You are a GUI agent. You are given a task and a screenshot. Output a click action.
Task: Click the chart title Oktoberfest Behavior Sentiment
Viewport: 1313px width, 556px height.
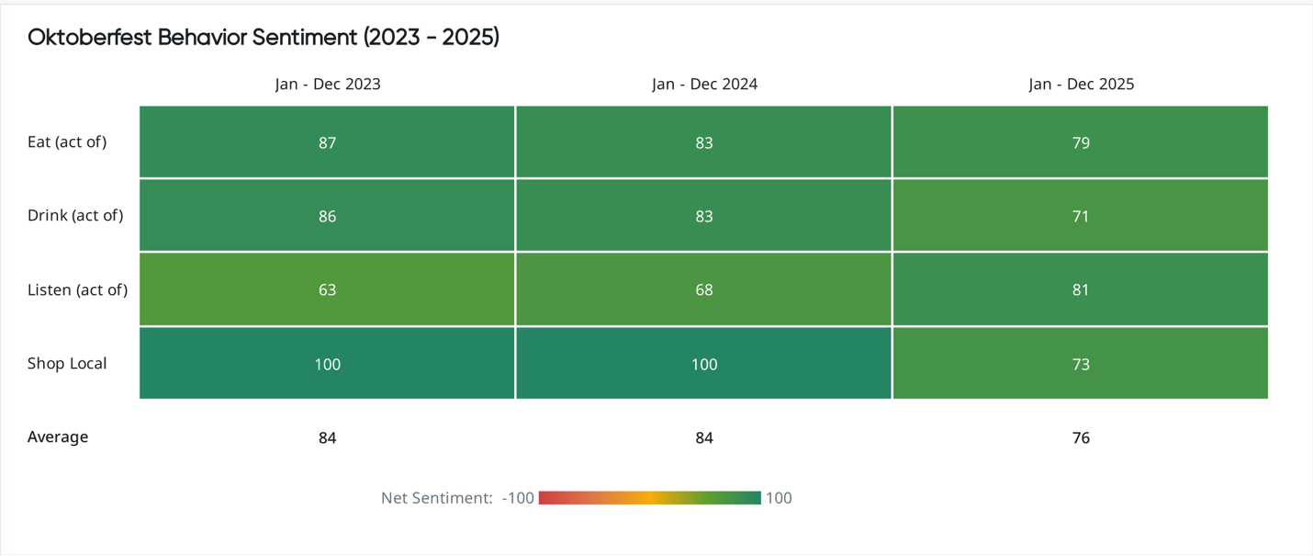[x=264, y=38]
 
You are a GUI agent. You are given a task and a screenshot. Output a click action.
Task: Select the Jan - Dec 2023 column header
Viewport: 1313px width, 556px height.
[x=328, y=85]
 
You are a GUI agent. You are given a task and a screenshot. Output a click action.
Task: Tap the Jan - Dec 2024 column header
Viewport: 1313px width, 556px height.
[x=704, y=85]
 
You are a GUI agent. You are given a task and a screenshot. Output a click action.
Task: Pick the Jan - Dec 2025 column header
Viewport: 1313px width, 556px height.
[x=1081, y=85]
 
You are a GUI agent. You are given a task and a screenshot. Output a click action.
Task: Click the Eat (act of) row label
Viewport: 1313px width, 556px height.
[x=67, y=142]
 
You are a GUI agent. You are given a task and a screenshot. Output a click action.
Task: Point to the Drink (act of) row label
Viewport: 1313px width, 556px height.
[x=75, y=216]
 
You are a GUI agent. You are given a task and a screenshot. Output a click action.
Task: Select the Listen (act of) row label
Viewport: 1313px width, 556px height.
[x=77, y=290]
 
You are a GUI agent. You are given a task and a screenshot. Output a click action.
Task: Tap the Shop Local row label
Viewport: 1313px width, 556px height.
[x=67, y=364]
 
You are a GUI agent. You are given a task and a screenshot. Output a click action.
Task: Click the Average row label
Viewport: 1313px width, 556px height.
[x=58, y=437]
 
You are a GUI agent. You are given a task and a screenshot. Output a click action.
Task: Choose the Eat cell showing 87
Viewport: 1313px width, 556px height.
[x=328, y=142]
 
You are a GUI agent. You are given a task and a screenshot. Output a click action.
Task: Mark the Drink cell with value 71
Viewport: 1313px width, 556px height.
[x=1081, y=216]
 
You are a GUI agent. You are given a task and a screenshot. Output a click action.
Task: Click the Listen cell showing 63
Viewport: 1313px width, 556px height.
[x=328, y=290]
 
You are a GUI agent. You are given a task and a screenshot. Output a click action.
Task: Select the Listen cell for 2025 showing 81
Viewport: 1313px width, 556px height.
[x=1081, y=290]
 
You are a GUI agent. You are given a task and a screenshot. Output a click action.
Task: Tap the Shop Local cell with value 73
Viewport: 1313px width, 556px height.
[x=1081, y=364]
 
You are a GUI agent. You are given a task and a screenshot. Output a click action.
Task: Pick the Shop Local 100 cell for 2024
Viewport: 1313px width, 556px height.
[x=704, y=364]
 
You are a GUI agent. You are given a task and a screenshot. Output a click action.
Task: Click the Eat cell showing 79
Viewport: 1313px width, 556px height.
[x=1081, y=142]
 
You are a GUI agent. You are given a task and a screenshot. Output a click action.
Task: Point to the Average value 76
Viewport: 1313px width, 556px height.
[x=1081, y=438]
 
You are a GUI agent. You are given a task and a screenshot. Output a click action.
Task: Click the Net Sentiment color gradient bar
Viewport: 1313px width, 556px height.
[x=650, y=498]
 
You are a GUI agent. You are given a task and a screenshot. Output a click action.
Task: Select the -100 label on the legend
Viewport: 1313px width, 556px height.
[x=518, y=498]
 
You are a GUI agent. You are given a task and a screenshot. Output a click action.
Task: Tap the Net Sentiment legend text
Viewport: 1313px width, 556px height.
[x=437, y=498]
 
